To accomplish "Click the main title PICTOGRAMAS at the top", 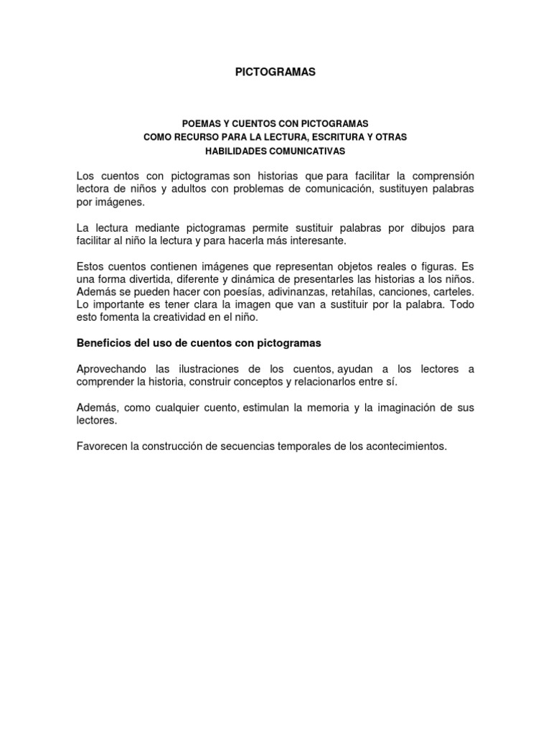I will point(275,72).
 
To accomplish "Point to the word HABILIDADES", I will point(235,151).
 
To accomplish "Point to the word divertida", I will point(151,279).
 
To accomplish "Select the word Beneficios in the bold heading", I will point(103,343).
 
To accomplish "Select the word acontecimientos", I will point(408,446).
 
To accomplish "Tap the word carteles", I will point(453,292).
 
